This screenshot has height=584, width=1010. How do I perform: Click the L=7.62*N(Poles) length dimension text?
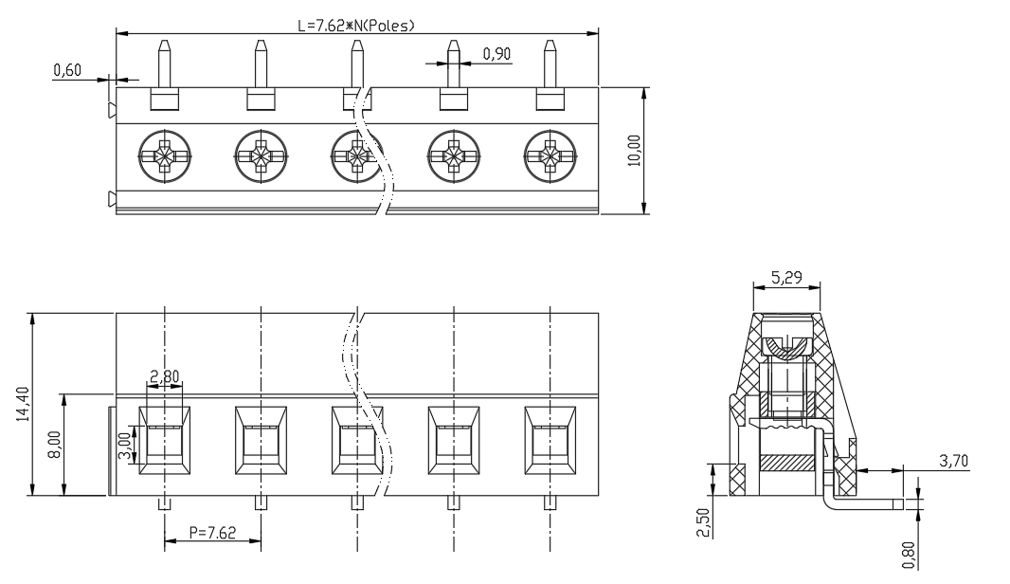(355, 26)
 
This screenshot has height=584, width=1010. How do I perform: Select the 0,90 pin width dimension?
(496, 53)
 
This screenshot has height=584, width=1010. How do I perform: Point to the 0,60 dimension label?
(67, 69)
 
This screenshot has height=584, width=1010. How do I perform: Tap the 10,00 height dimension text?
(635, 150)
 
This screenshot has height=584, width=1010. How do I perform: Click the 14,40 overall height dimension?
(24, 404)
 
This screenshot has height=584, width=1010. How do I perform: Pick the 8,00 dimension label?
(55, 445)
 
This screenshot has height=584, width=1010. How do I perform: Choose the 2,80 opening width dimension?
(164, 375)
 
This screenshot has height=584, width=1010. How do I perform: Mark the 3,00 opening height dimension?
(126, 445)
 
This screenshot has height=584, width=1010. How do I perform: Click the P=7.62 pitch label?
(212, 533)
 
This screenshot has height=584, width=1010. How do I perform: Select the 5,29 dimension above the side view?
(786, 277)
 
